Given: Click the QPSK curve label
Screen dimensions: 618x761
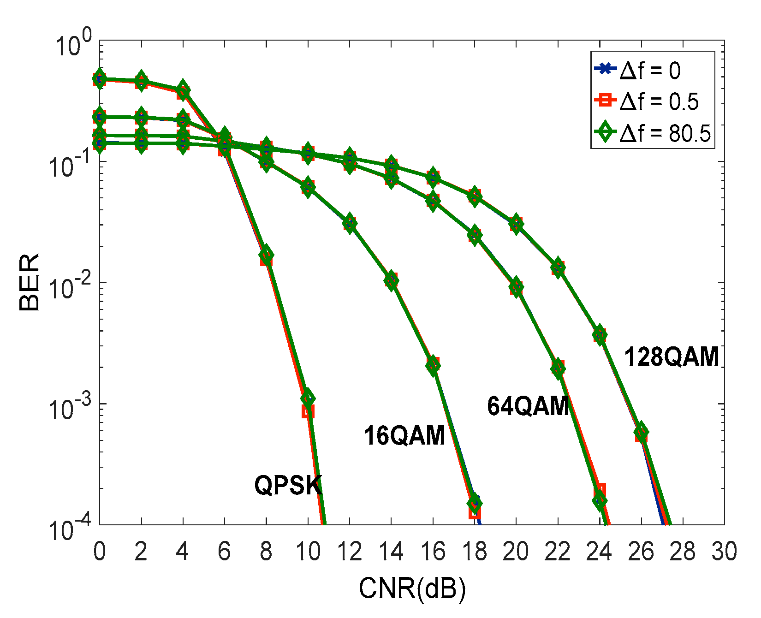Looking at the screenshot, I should click(x=288, y=485).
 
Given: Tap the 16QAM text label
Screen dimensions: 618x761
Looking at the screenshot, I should click(x=404, y=435).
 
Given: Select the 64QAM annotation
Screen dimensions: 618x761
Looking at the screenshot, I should click(x=528, y=406).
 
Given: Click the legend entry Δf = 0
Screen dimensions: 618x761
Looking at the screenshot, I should click(x=649, y=71).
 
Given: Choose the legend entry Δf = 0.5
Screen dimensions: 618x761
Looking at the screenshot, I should click(x=659, y=101).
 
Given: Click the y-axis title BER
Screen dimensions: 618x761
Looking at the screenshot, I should click(x=30, y=282).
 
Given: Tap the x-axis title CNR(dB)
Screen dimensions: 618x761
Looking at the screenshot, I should click(x=412, y=588).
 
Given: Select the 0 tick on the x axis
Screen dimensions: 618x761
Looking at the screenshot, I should click(x=99, y=552).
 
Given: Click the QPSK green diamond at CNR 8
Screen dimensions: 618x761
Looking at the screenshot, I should click(x=266, y=255).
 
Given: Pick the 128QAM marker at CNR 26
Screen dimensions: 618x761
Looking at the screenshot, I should click(x=641, y=433).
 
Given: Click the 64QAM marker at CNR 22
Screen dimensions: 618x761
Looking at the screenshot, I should click(x=558, y=368).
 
